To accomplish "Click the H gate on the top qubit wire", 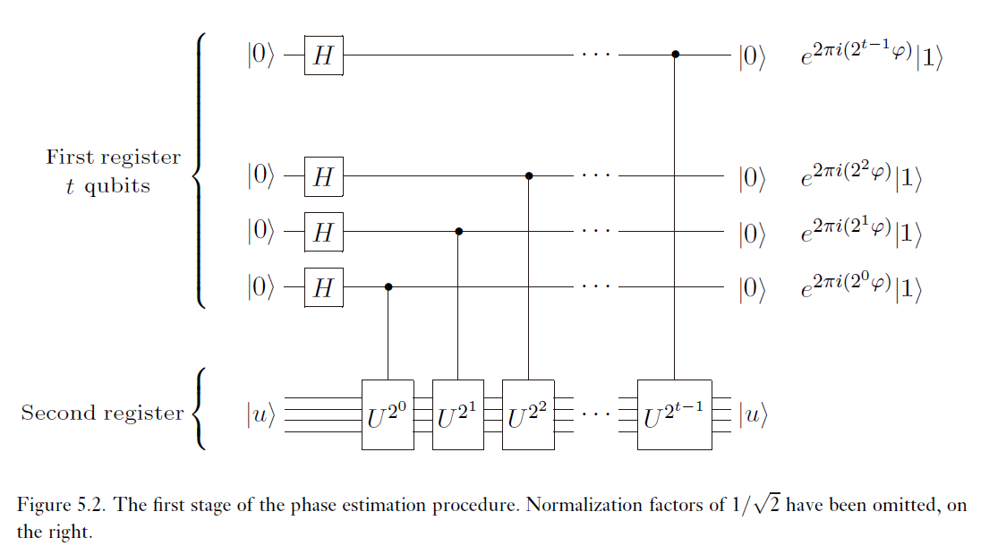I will pos(323,55).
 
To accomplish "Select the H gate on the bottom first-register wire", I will pos(323,287).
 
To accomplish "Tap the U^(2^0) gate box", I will pos(388,414).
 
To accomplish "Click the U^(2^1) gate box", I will pos(458,414).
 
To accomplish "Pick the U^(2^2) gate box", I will pos(528,414).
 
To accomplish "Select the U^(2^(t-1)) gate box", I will pos(675,414).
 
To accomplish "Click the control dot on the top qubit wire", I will pos(676,55).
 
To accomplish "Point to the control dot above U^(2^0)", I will pos(388,287).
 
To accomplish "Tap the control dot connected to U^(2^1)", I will pos(458,231).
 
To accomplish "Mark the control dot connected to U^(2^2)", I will pos(529,176).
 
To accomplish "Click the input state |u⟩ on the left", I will pos(261,414).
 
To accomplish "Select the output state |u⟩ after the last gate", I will pos(753,414).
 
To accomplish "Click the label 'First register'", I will pos(113,158).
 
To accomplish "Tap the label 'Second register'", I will pos(102,414).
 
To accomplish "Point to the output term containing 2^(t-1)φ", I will pos(872,55).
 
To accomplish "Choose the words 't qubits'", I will pos(108,187).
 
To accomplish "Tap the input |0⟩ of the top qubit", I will pos(262,55).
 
